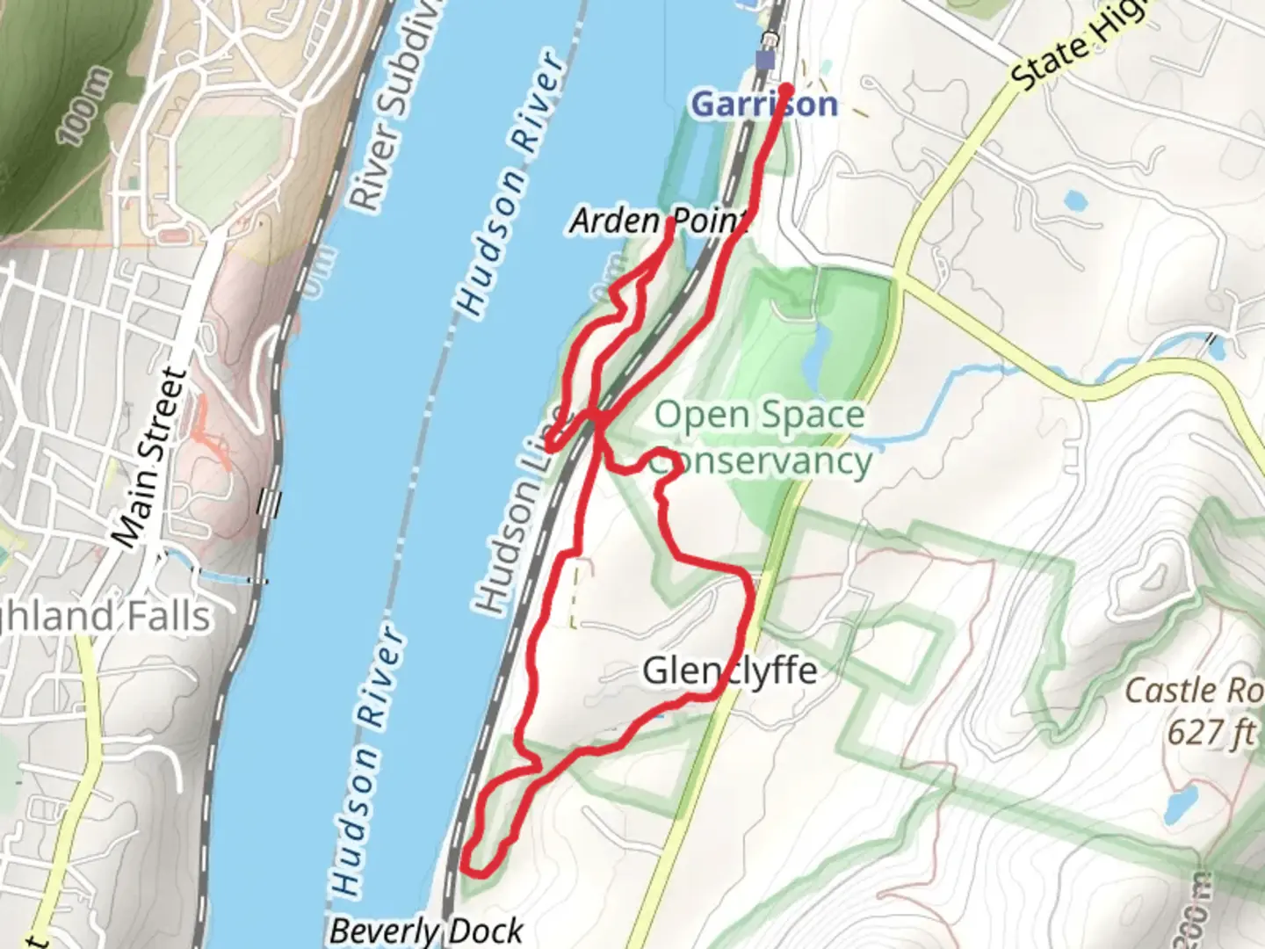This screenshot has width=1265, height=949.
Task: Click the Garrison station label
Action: coord(764,105)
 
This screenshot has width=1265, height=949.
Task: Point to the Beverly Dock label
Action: coord(427,930)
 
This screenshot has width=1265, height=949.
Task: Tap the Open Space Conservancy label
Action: coord(761,438)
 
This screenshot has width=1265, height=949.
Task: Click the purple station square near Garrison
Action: coord(766,61)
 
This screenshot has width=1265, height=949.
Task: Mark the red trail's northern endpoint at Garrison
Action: coord(786,89)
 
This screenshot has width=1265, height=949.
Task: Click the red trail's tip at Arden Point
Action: coord(671,222)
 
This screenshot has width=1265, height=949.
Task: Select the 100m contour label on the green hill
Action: coord(86,106)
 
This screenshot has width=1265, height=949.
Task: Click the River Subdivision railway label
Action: coord(387,105)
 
